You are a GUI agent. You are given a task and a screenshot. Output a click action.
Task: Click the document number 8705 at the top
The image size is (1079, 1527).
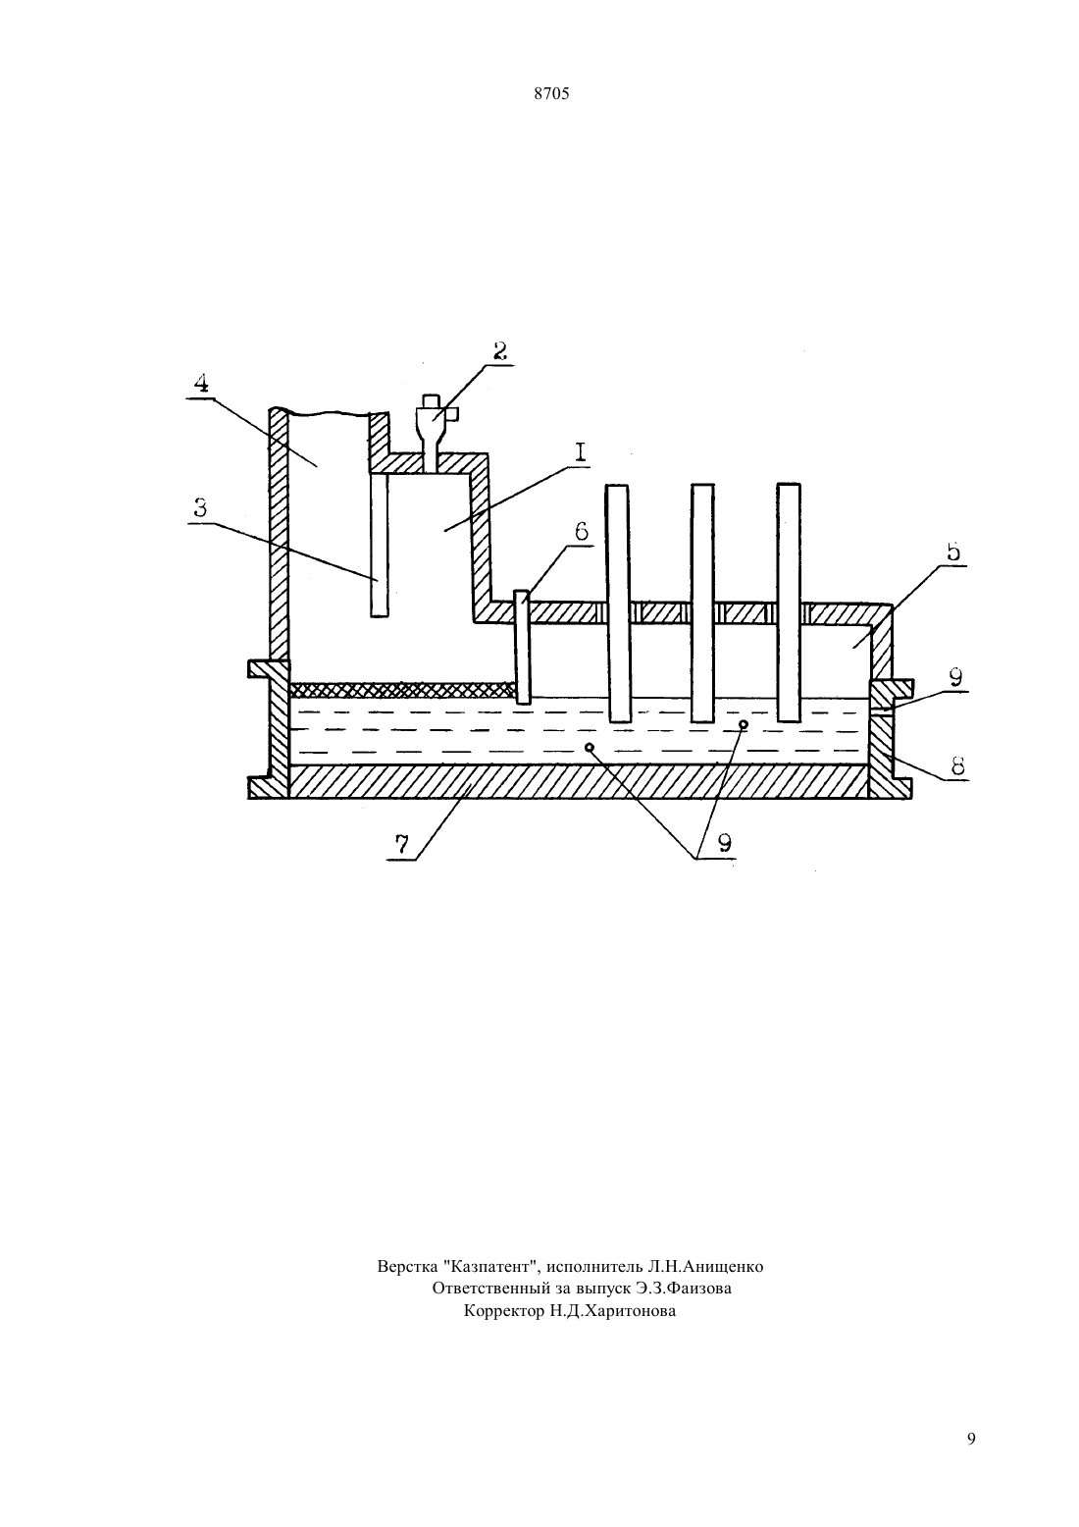[551, 94]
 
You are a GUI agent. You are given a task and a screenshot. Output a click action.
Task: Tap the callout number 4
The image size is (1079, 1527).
[200, 383]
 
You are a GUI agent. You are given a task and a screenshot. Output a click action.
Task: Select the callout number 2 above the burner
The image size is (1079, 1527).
[499, 350]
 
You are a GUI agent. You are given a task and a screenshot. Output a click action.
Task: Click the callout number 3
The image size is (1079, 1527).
[199, 508]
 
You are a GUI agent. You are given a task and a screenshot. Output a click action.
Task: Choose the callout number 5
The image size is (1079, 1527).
[953, 552]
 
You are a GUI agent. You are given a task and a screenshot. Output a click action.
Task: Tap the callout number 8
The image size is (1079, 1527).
[957, 766]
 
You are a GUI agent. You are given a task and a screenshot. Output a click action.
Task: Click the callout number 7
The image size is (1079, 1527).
[402, 844]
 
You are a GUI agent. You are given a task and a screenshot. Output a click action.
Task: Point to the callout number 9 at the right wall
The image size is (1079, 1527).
[955, 677]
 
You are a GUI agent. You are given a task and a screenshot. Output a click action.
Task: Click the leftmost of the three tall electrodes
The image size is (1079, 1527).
[618, 604]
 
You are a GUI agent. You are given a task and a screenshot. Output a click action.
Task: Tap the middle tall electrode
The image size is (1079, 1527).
[703, 604]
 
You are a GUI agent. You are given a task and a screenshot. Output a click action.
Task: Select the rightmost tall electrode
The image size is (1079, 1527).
[789, 603]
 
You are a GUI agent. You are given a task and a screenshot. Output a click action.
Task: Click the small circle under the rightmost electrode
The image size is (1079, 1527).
[744, 724]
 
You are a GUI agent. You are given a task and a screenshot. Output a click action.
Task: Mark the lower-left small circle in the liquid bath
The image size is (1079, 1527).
[590, 748]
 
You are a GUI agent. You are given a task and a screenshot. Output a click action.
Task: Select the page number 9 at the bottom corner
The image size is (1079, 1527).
[971, 1439]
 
